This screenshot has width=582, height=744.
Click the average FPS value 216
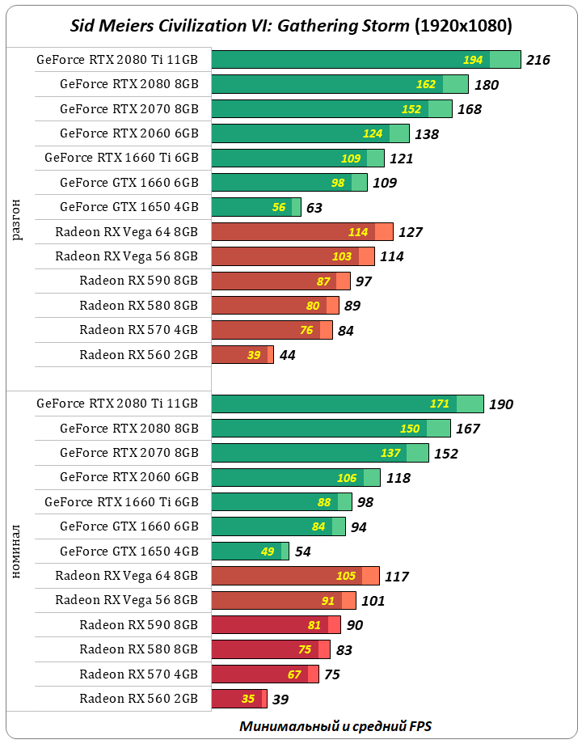(538, 60)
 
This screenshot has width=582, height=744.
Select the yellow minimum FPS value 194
(473, 60)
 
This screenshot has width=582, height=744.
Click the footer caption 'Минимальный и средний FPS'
(340, 725)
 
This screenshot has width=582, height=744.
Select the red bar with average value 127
(301, 232)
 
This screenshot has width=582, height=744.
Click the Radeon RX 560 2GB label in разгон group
(138, 354)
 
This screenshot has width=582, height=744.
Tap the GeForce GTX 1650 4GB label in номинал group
(129, 552)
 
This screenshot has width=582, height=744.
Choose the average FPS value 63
(314, 208)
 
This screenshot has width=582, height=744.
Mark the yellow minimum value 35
(247, 699)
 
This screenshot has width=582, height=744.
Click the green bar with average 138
(310, 133)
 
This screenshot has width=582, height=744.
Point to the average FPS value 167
(468, 429)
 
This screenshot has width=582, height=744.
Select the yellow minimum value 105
(346, 576)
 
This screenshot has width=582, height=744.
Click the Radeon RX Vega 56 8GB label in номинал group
(126, 600)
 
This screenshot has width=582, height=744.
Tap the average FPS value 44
(287, 355)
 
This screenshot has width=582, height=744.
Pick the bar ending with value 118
(295, 478)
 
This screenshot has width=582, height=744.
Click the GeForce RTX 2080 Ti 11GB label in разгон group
(117, 59)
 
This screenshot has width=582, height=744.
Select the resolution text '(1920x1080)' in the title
(462, 26)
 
